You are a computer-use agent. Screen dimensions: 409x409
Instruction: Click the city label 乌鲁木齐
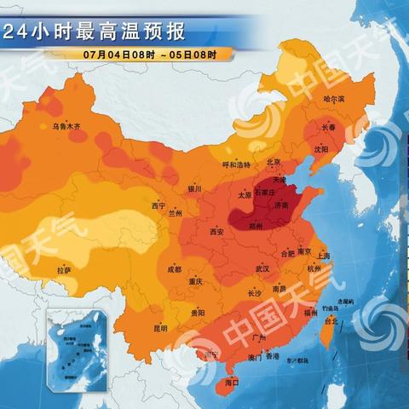click(x=66, y=126)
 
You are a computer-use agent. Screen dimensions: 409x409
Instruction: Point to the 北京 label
click(x=274, y=161)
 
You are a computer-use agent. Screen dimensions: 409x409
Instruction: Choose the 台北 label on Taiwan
click(x=332, y=321)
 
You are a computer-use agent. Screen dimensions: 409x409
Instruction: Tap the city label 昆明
click(x=160, y=327)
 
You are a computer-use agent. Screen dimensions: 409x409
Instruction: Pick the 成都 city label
click(x=174, y=269)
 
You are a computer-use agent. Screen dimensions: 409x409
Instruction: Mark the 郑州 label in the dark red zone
click(x=254, y=228)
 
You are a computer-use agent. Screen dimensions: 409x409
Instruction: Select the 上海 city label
click(x=323, y=255)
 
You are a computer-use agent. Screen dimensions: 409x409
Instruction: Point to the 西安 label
click(x=216, y=231)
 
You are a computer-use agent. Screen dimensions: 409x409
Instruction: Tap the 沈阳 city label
click(x=320, y=147)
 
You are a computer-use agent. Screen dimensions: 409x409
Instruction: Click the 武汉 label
click(x=262, y=268)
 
